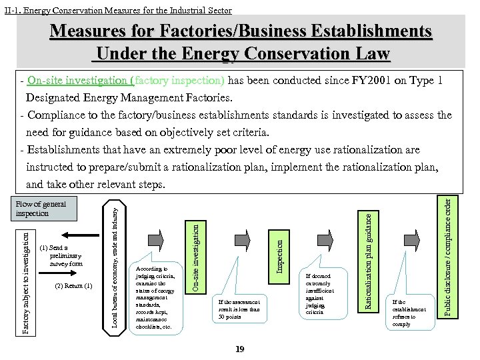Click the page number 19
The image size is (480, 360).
pos(240,349)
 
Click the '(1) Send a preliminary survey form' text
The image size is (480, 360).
pos(62,255)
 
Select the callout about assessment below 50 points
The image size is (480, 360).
pos(239,309)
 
